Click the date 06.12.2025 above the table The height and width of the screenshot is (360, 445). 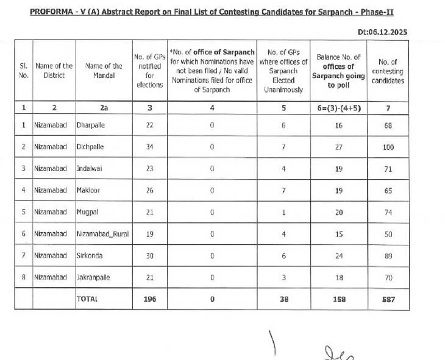point(388,32)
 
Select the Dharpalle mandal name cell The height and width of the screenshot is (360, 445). point(92,125)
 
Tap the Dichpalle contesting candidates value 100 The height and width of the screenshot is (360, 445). point(388,147)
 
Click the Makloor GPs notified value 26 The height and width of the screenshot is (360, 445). point(149,191)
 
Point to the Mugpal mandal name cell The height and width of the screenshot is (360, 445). point(89,213)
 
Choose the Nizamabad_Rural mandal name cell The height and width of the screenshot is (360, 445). point(102,234)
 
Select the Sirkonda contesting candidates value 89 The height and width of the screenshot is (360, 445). point(388,256)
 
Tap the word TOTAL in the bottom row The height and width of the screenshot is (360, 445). point(87,299)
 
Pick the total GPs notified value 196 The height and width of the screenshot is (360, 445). point(149,299)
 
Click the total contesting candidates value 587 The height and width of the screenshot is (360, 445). point(388,299)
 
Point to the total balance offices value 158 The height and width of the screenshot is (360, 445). point(338,299)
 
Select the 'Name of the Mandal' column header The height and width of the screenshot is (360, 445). point(104,71)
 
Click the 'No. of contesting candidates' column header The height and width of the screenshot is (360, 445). point(388,71)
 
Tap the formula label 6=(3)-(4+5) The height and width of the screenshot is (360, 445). point(338,107)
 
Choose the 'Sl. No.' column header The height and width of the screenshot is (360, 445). point(23,71)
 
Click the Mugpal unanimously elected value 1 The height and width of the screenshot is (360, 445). point(283,213)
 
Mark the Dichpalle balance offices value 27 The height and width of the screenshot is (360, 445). point(338,147)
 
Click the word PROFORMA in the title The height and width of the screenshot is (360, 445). point(52,12)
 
